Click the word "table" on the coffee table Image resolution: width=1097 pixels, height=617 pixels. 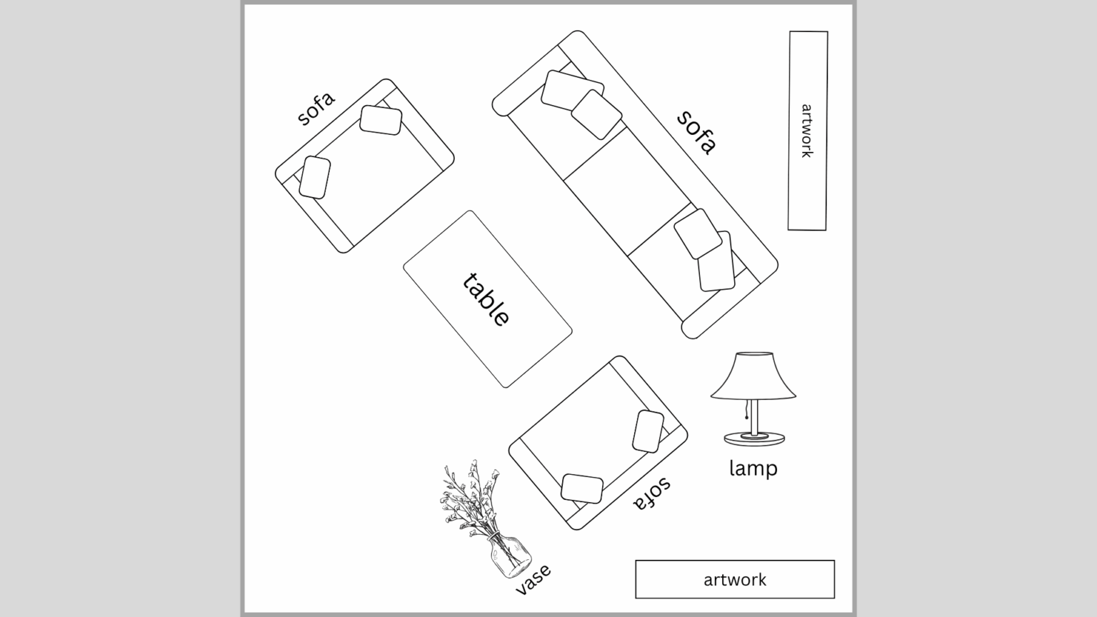[x=486, y=300]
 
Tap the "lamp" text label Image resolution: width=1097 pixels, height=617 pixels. [x=753, y=468]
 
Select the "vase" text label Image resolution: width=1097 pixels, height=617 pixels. [x=534, y=579]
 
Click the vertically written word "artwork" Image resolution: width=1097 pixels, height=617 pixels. [x=806, y=131]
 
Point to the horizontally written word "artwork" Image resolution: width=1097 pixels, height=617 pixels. [x=735, y=580]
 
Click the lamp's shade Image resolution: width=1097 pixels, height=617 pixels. [x=753, y=376]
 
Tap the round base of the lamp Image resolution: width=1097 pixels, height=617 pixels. [x=754, y=438]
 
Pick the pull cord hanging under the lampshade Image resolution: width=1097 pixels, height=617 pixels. [x=747, y=409]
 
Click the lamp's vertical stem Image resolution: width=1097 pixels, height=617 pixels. [x=755, y=416]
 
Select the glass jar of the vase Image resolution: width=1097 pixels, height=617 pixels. [x=511, y=558]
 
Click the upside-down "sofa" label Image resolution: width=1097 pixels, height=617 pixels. [x=652, y=493]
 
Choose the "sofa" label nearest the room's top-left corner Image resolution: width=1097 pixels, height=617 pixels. [x=316, y=109]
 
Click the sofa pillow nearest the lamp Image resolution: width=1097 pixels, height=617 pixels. [x=648, y=431]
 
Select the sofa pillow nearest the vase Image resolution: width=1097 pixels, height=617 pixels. [x=582, y=488]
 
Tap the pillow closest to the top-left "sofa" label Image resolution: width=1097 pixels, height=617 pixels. [x=381, y=120]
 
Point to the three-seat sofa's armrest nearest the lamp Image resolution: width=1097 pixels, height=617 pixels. [x=730, y=301]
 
